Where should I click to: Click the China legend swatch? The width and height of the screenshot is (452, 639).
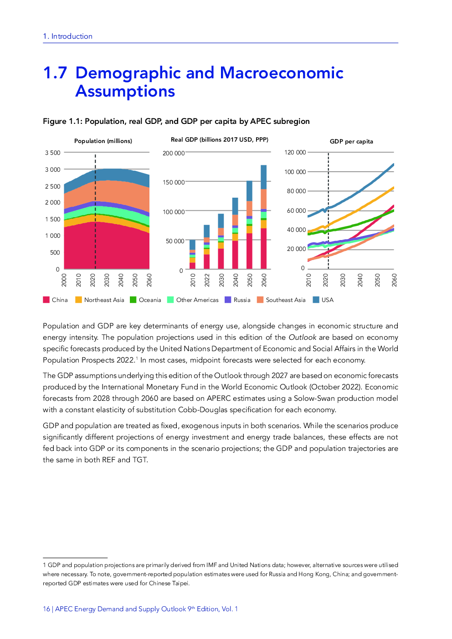46,300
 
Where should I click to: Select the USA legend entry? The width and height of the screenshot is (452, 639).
327,300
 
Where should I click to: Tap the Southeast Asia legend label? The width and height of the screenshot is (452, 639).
286,300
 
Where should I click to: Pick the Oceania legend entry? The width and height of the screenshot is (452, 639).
150,300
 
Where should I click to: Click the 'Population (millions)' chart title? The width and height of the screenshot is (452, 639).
103,141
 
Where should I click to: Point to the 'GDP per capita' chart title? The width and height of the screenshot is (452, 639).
351,142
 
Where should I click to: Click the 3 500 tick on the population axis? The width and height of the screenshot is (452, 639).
53,153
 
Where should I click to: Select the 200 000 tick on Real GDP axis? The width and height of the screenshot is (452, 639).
174,153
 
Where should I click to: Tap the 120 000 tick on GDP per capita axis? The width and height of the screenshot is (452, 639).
295,153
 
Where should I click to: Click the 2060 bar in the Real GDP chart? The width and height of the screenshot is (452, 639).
264,217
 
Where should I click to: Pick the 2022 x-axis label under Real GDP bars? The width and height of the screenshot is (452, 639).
207,280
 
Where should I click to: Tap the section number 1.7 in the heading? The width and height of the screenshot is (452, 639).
55,73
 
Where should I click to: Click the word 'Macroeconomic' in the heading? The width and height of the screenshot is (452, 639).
282,73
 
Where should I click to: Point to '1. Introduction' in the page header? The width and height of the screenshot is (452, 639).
68,36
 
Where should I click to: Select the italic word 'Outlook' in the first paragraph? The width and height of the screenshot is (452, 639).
302,337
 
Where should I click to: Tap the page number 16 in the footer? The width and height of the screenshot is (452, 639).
46,609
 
